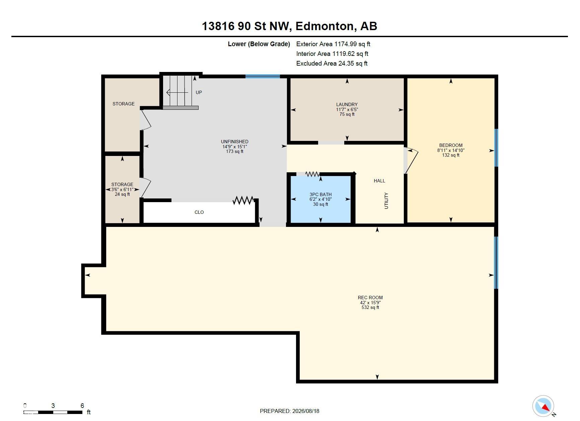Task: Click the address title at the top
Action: (x=289, y=26)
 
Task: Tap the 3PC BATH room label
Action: (x=320, y=194)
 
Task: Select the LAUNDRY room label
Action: (x=347, y=104)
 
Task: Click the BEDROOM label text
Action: (x=451, y=145)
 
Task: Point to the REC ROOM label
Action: (x=370, y=298)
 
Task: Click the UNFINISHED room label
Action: (x=234, y=142)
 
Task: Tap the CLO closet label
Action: (x=199, y=212)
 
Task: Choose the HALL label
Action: (x=379, y=181)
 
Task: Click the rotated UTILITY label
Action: (x=386, y=200)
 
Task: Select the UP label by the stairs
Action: (x=199, y=92)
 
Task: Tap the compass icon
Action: (x=543, y=406)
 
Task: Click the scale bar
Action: (x=53, y=412)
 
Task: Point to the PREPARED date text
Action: (x=289, y=411)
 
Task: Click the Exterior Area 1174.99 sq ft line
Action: (x=333, y=44)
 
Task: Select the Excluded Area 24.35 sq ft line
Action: (x=332, y=63)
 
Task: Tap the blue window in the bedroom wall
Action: (x=496, y=148)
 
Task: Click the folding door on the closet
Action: (x=243, y=200)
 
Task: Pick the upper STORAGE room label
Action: (x=124, y=104)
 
